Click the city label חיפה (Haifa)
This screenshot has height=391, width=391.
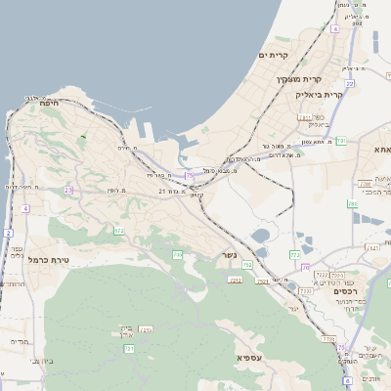[x=51, y=103]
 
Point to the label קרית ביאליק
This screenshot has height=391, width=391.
[x=319, y=95]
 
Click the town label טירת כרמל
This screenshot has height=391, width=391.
[x=49, y=260]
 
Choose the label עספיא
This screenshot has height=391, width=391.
[x=246, y=358]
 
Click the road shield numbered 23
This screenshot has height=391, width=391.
[x=68, y=191]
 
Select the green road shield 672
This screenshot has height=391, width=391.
[x=119, y=231]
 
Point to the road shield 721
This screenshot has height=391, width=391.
[x=129, y=348]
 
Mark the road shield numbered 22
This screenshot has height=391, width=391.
[x=349, y=84]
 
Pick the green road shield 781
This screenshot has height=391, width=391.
[x=341, y=142]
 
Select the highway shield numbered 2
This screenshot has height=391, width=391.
[x=9, y=233]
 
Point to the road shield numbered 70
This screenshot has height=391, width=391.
[x=305, y=266]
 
